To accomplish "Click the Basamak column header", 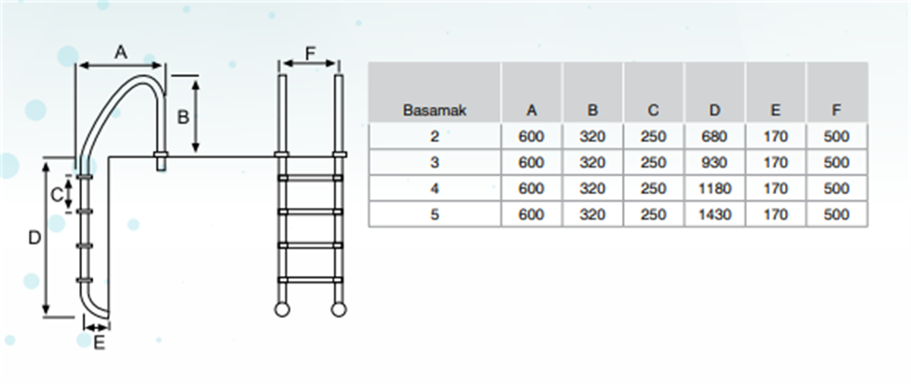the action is point(434,110).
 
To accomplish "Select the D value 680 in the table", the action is point(714,137).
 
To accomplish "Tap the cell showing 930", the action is point(714,162).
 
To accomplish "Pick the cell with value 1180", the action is point(714,188).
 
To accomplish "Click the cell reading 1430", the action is point(714,215).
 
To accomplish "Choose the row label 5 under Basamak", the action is point(435,215).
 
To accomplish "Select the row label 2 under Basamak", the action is point(435,137).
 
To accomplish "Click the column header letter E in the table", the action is point(776,110).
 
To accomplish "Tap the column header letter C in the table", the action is point(653,110).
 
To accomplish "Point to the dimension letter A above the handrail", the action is point(121,52).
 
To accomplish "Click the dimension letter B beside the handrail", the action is point(183,118).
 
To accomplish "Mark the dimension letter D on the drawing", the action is point(35,238).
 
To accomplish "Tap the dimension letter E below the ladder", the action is point(99,343).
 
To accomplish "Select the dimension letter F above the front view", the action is point(310,54).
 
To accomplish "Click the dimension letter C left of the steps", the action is point(57,195).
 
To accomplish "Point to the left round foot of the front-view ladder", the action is point(282,310).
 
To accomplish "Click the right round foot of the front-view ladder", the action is point(339,310).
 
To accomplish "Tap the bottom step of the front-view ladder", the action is point(310,280).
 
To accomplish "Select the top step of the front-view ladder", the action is point(310,178).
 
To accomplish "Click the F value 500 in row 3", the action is point(836,162).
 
